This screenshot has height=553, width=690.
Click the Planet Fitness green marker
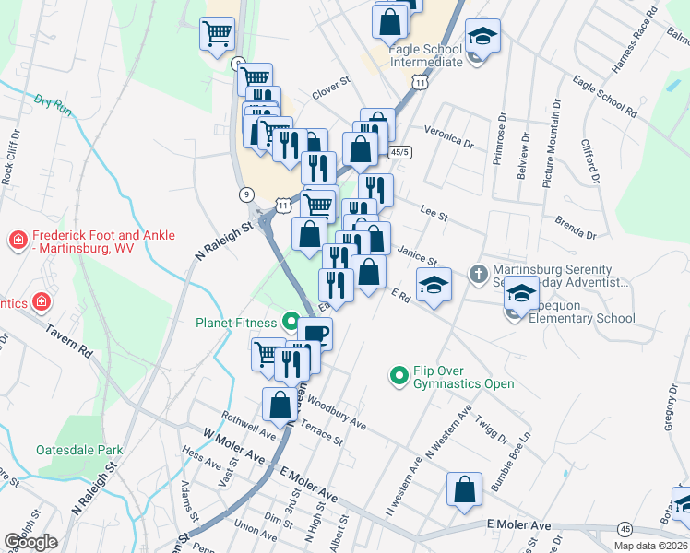coord(291,323)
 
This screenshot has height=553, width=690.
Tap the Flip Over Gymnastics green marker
coord(399,374)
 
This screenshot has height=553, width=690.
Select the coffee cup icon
coord(315,334)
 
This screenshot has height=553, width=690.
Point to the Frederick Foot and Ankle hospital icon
coord(17,241)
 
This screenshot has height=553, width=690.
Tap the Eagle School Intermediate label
coord(425,54)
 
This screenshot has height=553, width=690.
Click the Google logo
coord(30,542)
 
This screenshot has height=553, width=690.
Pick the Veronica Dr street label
coord(448,137)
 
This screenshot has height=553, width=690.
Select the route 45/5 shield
coord(399,151)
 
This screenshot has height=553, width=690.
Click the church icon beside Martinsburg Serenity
coord(478,273)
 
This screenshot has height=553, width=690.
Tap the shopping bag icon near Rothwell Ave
coord(280,403)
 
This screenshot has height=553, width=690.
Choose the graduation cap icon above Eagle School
coord(482,36)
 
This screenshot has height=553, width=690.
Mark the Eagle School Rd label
coord(604,96)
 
